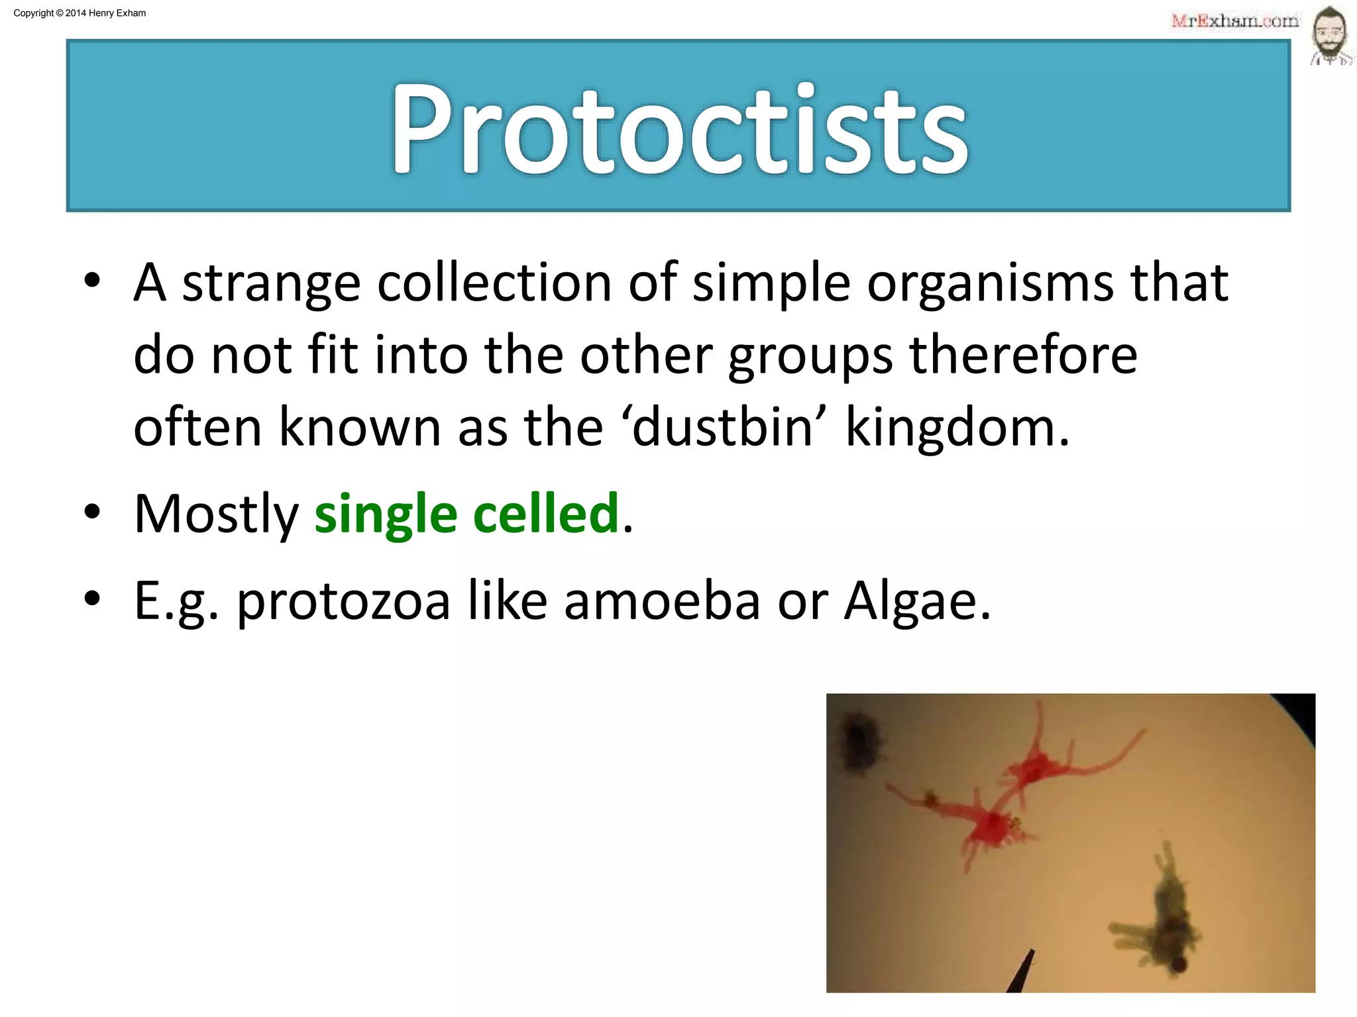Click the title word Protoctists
tap(678, 129)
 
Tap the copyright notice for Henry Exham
tap(80, 13)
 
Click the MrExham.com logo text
tap(1234, 21)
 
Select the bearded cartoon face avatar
tap(1330, 36)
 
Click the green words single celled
tap(466, 514)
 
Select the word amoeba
tap(661, 601)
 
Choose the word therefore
tap(1023, 356)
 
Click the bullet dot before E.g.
tap(92, 598)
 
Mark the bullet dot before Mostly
tap(92, 511)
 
